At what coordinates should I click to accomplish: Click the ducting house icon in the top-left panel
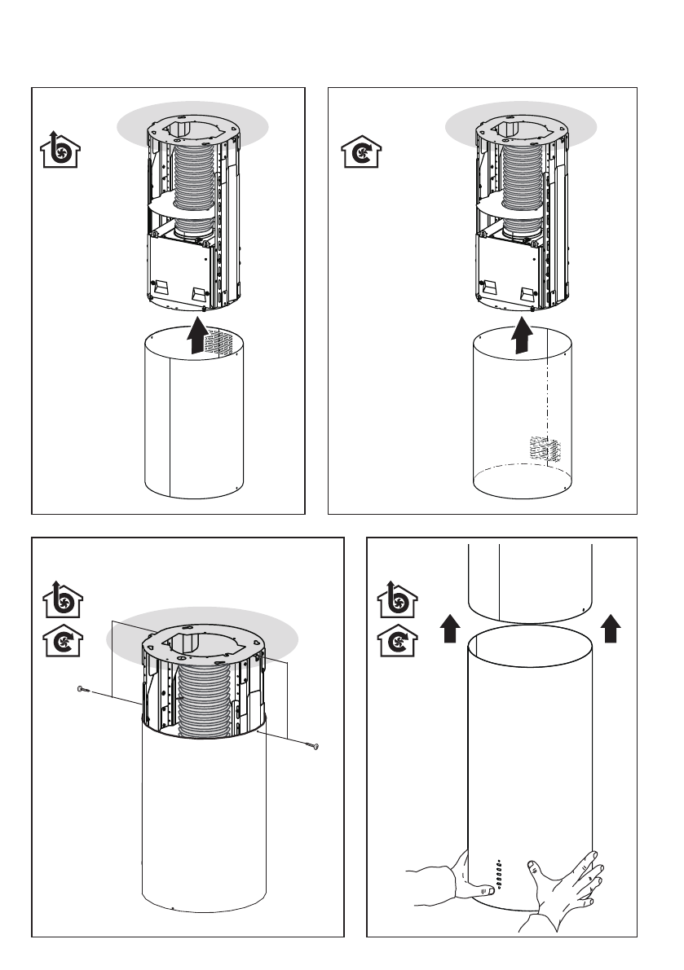tap(61, 150)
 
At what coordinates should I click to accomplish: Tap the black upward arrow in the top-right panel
tap(522, 335)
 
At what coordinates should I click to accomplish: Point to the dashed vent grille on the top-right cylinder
tap(541, 449)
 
